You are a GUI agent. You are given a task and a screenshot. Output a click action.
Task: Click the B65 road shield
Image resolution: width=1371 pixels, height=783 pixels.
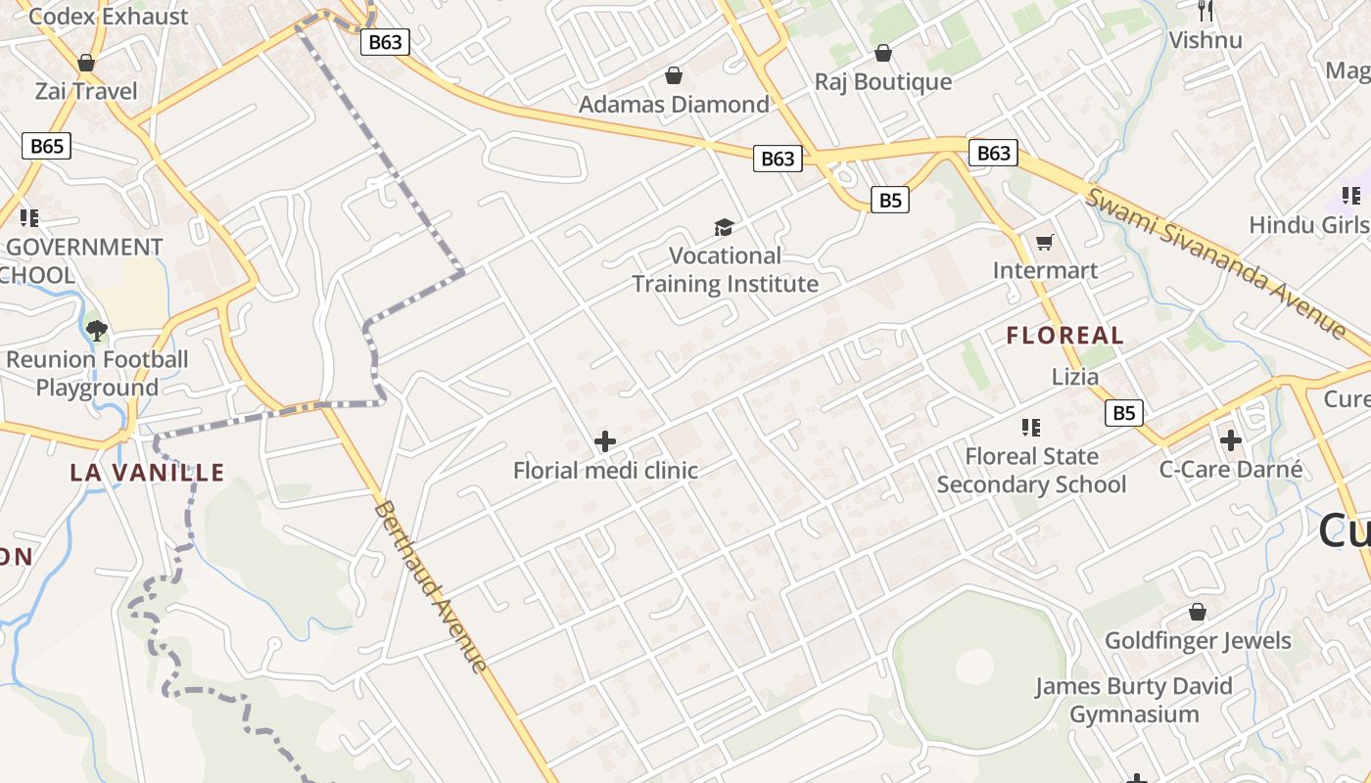point(47,147)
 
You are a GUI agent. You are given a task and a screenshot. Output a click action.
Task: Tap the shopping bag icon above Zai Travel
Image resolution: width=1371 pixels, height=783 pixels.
point(86,63)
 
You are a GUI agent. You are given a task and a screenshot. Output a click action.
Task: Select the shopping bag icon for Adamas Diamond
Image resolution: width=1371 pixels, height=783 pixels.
point(674,75)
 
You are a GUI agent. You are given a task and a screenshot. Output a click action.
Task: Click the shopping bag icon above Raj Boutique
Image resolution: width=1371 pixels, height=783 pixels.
point(883,53)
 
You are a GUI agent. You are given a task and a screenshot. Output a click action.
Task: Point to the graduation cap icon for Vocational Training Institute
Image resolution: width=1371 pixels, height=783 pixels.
point(724,228)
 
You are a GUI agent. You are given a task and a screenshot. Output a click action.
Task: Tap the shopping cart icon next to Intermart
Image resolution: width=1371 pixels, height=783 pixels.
point(1045,242)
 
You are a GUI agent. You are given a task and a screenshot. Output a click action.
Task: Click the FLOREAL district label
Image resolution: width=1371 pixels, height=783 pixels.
point(1065,336)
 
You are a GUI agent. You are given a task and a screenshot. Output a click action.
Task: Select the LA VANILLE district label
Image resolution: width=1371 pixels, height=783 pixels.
point(147,473)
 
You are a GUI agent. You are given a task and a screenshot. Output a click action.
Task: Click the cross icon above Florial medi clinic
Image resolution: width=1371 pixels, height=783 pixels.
point(605,441)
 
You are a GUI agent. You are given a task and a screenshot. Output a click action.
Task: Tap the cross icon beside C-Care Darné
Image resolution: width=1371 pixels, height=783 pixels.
point(1231,440)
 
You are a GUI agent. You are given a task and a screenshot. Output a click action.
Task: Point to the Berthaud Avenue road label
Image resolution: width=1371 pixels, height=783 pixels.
point(431,587)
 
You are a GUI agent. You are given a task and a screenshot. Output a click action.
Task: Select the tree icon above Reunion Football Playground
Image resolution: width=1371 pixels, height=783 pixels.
point(96,330)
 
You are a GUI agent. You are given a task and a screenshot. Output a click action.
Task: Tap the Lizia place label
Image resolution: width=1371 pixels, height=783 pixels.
point(1075,377)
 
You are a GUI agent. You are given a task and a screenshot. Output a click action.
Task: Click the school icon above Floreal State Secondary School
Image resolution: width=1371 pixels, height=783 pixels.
point(1030,427)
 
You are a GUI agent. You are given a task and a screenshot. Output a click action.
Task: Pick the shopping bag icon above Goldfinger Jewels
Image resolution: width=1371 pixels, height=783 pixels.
point(1197,613)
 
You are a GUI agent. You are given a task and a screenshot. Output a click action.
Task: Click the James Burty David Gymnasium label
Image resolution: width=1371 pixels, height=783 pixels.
point(1134,700)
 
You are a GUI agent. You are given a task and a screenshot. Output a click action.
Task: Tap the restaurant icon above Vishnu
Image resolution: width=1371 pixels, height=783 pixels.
point(1206,12)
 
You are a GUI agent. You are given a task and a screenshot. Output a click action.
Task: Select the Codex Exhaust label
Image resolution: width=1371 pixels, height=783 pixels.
point(109,16)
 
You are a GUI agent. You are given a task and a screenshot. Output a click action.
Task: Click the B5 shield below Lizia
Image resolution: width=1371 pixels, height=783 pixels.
point(1124,413)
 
